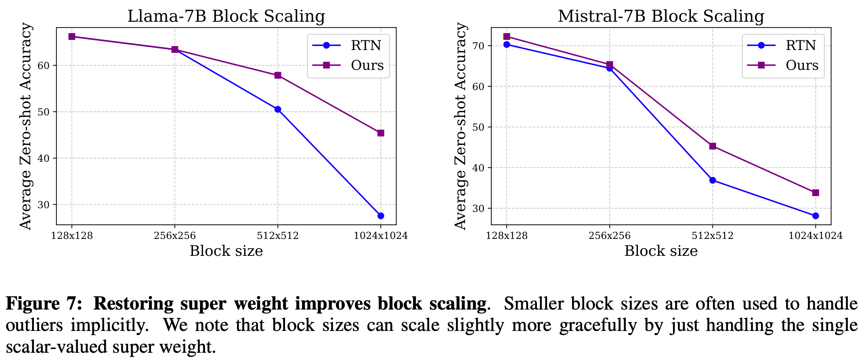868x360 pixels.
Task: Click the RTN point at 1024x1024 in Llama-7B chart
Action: coord(380,216)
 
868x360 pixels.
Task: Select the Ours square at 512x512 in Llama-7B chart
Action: coord(278,75)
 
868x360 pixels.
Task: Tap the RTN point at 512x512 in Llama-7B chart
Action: coord(278,109)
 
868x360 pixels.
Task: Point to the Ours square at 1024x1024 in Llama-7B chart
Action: coord(380,133)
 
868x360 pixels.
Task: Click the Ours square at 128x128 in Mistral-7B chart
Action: coord(507,37)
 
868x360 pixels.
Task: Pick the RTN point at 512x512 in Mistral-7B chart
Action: coord(713,180)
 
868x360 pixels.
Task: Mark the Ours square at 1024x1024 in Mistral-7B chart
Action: coord(816,193)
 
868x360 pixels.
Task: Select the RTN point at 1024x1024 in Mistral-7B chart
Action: coord(816,216)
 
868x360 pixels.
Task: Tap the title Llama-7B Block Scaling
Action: coord(226,17)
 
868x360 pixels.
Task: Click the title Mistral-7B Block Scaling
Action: coord(661,17)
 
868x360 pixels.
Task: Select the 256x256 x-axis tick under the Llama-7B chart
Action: coord(175,236)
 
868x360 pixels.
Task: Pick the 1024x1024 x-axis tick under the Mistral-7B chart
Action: coord(816,236)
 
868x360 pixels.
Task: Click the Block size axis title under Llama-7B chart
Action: coord(226,251)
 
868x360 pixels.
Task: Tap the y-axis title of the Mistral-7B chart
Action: coord(461,126)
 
